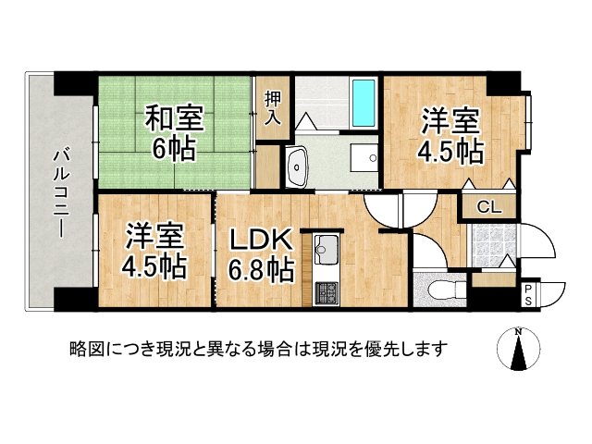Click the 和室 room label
coord(173,117)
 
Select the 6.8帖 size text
coord(262,270)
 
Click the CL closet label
coord(487,207)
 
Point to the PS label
coord(528,294)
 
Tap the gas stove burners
coord(328,292)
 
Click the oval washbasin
coord(298,166)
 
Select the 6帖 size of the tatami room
coord(174,148)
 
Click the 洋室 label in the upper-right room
coord(451,120)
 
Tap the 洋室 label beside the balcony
coord(155,236)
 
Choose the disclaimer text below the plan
coord(258,349)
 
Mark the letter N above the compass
coord(519,332)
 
